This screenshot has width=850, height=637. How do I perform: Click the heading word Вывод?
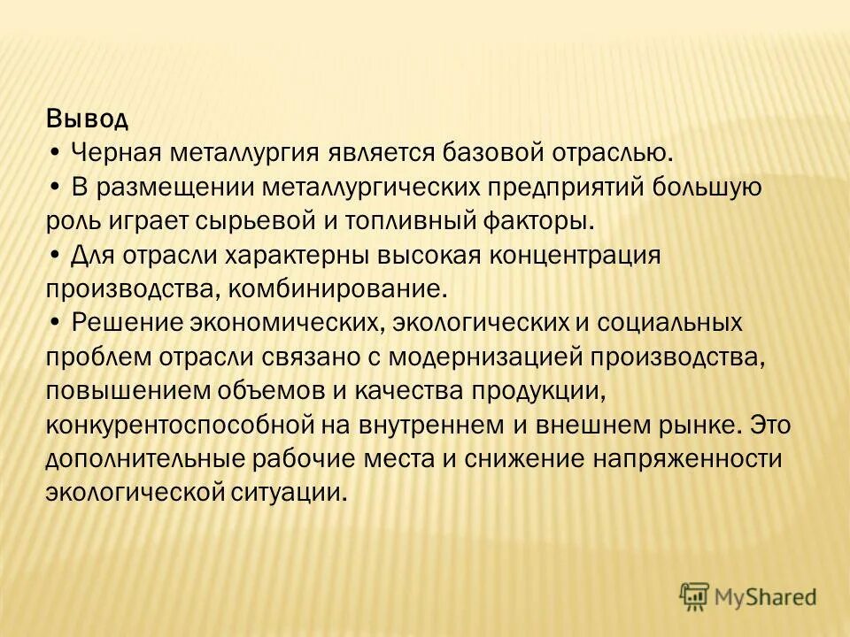(88, 119)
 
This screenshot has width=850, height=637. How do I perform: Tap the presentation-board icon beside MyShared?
(695, 596)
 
